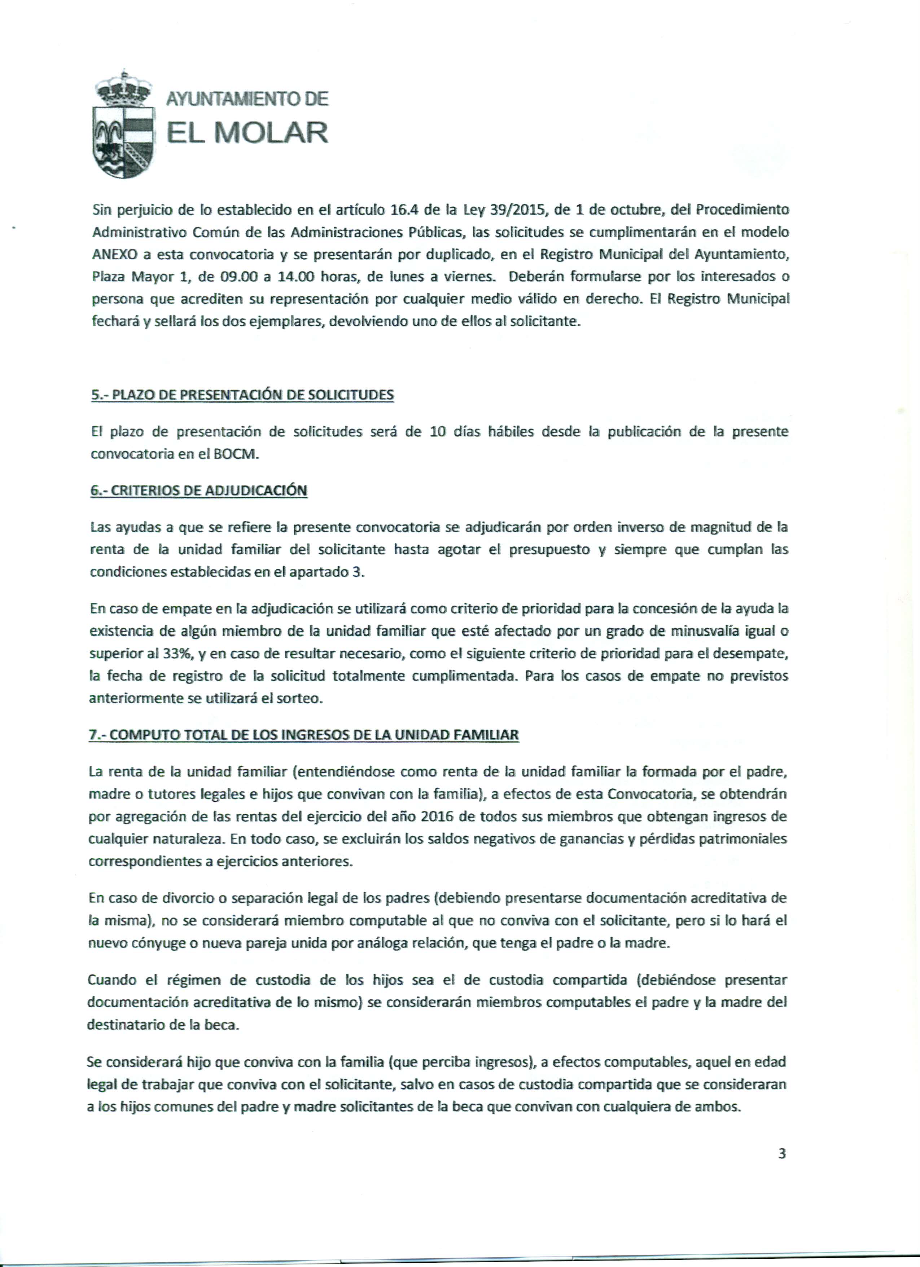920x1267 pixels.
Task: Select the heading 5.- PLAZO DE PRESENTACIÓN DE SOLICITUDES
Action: (x=242, y=395)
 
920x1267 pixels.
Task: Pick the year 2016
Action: (x=438, y=817)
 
